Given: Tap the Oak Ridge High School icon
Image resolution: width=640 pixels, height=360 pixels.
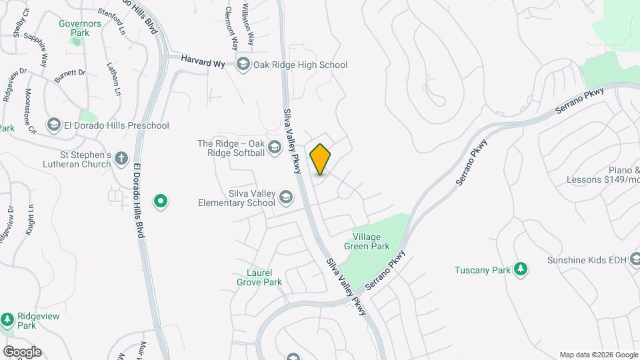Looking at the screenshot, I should pos(243,65).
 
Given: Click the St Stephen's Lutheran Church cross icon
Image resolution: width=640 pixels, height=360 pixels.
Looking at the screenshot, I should pos(121,158).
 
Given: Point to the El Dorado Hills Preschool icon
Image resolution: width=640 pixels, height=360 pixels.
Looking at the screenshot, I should pos(54,125).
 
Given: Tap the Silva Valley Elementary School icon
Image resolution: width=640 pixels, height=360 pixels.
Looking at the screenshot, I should pos(285,197).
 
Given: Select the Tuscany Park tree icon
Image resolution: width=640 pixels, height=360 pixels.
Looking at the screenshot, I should pos(521,269).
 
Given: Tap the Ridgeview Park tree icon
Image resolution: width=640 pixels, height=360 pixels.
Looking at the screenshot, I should pos(7,319).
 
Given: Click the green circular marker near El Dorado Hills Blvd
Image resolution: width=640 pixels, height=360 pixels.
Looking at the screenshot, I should pos(160,200).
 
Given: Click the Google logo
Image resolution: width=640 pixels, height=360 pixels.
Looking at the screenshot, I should pos(21,351).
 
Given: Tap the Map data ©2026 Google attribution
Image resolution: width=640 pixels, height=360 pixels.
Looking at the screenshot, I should pos(599,355).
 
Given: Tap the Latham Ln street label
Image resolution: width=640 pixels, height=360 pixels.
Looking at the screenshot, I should pos(113,78).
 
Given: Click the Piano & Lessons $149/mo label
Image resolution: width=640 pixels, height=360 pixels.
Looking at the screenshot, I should pos(603,175).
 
